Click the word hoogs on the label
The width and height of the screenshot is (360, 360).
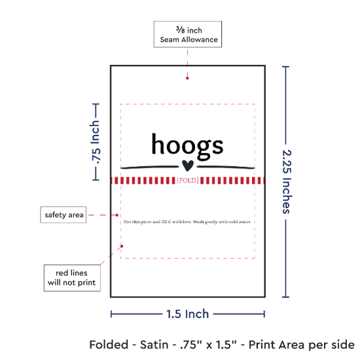187,146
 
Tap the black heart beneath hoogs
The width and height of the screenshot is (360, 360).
188,166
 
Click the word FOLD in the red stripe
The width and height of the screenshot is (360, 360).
188,181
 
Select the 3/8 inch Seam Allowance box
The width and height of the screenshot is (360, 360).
188,34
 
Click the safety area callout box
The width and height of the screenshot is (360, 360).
63,215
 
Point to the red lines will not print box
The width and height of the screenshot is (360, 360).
72,278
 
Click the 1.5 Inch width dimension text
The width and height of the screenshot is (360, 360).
187,314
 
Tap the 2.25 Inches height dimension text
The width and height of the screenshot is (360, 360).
287,181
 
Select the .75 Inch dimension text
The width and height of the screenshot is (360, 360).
96,142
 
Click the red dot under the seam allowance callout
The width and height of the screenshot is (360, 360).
187,79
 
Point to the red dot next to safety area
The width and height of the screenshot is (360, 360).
117,215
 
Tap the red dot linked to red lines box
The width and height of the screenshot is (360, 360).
122,246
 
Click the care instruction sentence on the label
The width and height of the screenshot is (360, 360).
187,222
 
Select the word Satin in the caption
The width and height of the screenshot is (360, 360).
154,345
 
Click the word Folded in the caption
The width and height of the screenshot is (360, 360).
109,345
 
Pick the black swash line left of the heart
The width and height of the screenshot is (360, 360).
150,167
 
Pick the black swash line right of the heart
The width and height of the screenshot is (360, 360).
226,167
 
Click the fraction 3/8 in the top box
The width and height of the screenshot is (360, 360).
181,29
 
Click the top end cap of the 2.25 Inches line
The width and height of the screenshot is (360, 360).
285,67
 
